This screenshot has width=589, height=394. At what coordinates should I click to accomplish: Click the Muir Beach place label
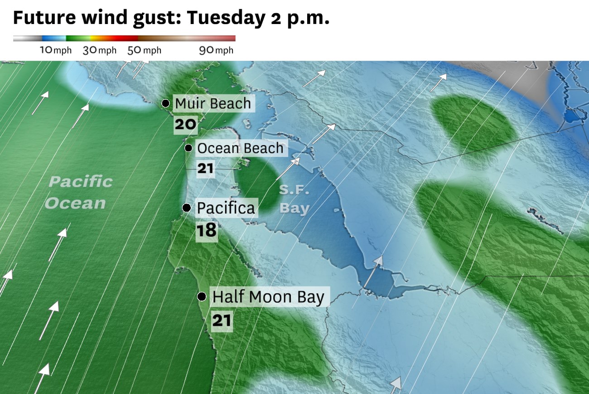212,104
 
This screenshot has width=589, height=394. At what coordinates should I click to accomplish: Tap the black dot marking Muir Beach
166,103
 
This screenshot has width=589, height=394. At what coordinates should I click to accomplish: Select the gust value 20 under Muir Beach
185,124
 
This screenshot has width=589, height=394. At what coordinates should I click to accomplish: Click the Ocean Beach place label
240,148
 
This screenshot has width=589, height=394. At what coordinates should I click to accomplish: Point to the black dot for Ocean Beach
188,148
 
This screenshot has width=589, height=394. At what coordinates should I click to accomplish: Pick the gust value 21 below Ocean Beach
205,169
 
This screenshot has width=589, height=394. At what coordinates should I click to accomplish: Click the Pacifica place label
226,208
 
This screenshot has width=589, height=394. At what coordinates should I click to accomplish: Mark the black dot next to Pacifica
186,208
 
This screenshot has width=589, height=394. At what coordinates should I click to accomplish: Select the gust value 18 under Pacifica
207,230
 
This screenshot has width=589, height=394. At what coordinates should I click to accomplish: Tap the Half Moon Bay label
268,297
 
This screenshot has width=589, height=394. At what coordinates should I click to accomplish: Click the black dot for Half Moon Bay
202,297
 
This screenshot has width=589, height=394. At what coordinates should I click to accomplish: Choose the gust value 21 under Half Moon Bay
222,321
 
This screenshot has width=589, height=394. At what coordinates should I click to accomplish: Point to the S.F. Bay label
294,199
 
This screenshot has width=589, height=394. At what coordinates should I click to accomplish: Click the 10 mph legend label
56,50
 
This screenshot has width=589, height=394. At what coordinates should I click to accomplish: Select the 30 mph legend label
100,50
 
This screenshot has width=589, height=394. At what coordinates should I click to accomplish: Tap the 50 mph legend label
144,50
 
